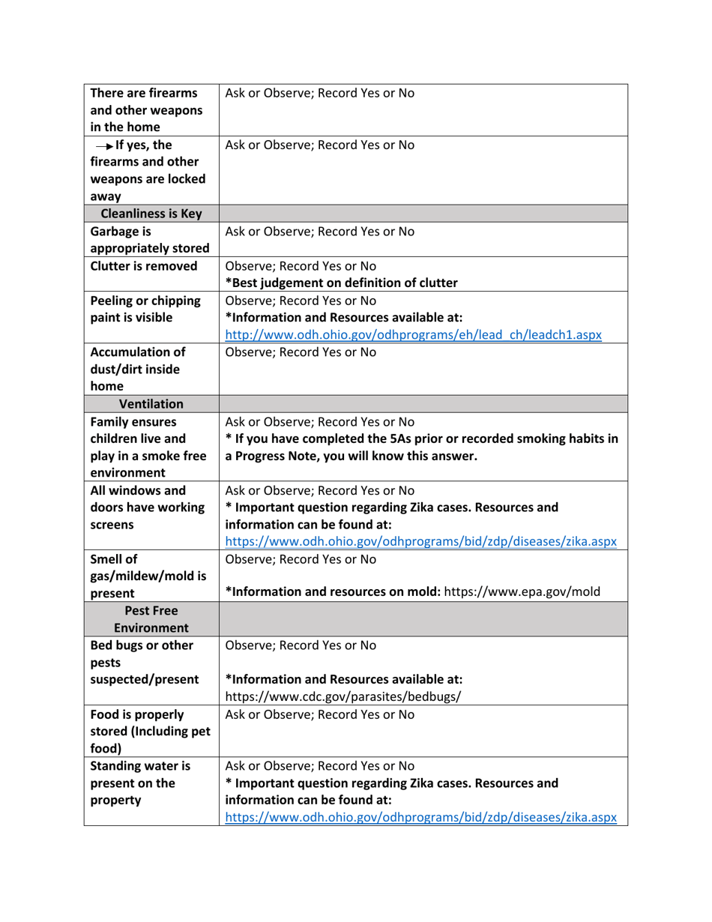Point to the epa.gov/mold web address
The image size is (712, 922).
pos(522,592)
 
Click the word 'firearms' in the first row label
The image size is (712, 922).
pos(172,94)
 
